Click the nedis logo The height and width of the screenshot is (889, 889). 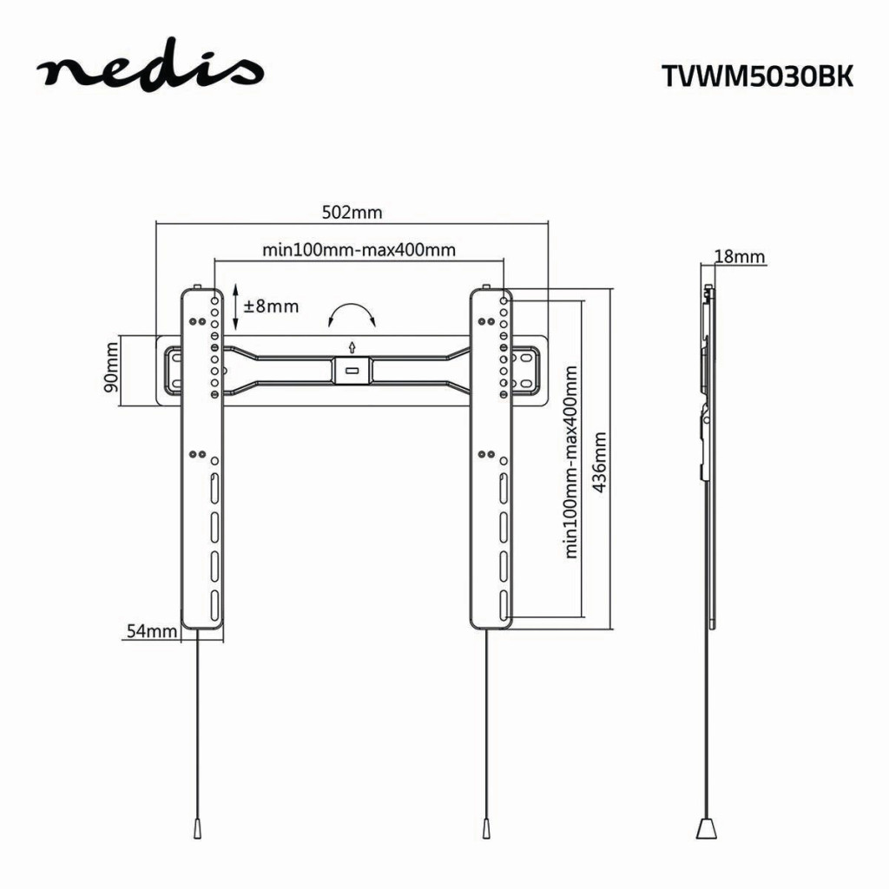pos(150,68)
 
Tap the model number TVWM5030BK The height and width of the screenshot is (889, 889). pos(757,76)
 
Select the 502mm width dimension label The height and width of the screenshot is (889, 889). pos(352,213)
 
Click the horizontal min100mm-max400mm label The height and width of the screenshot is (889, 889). pos(359,250)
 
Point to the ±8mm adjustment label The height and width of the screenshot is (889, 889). pos(271,306)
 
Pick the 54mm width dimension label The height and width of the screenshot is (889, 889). pos(151,631)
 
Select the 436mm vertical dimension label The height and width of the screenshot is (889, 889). pos(599,463)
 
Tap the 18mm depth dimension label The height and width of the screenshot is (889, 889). pos(740,257)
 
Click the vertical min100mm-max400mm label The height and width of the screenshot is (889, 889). pos(570,462)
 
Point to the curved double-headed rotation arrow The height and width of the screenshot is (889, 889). pos(352,313)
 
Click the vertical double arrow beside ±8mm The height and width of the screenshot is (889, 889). pos(235,307)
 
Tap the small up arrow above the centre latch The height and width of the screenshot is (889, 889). pos(352,347)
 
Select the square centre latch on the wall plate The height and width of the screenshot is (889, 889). pos(352,370)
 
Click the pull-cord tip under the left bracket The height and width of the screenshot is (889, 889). pos(197,829)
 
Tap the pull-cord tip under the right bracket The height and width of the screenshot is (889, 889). pos(486,829)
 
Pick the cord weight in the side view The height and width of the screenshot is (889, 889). pos(707,828)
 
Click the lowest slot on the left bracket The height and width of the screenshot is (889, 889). pos(215,605)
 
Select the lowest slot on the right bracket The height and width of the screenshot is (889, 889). pos(504,605)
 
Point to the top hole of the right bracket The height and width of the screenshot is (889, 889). pos(504,300)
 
